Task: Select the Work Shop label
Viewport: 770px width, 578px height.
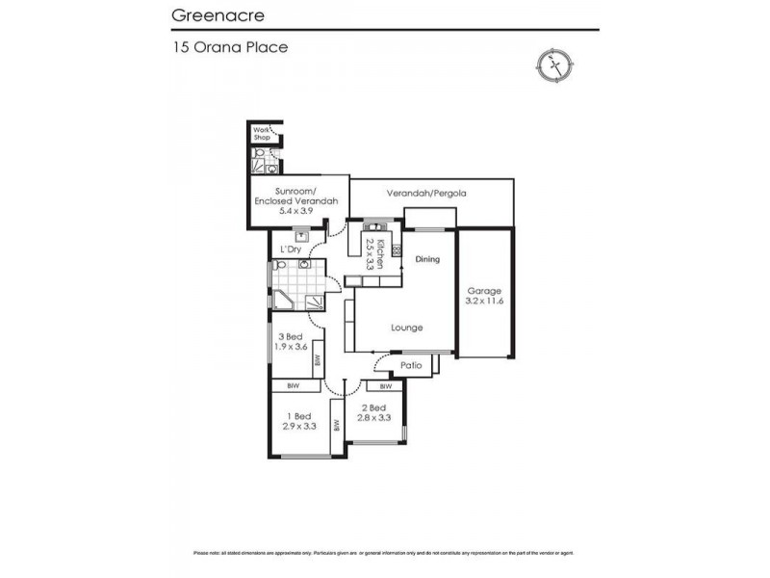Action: click(261, 134)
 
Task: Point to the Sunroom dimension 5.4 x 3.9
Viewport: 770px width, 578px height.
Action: click(296, 210)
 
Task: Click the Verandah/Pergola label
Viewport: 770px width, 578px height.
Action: click(426, 193)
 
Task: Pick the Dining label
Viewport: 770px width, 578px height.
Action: click(426, 259)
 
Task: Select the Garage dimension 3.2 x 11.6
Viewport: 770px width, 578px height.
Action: click(486, 302)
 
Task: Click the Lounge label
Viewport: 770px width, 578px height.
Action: click(406, 328)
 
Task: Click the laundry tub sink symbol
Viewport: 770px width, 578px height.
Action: click(303, 234)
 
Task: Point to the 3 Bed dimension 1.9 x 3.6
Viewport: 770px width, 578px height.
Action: click(290, 346)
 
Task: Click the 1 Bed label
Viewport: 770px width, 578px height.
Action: click(296, 415)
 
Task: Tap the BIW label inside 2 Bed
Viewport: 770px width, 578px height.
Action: click(384, 386)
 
